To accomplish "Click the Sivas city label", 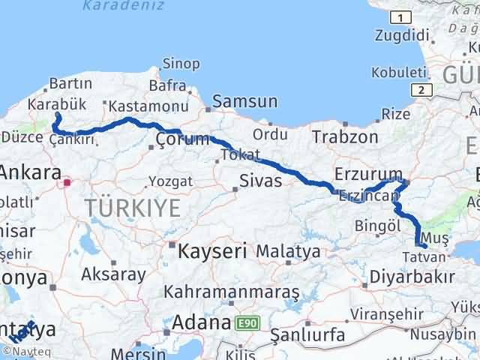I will click(261, 181).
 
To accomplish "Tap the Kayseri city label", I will click(212, 251).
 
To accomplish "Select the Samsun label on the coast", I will click(244, 101).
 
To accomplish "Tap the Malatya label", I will click(289, 251).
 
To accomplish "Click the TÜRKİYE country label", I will click(132, 208).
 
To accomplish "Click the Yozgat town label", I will click(170, 181).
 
